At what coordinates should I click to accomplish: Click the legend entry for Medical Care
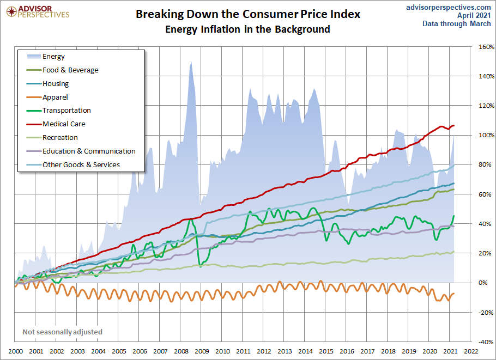point(64,124)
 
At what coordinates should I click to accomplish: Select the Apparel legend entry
point(55,97)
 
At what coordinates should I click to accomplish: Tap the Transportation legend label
point(66,111)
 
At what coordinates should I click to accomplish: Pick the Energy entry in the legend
point(53,57)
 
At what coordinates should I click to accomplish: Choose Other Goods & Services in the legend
point(81,164)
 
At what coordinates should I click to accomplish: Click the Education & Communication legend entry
point(89,151)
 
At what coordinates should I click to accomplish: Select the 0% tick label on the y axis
point(483,283)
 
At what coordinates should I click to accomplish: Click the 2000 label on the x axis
point(15,352)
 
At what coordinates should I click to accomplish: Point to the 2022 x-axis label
point(471,352)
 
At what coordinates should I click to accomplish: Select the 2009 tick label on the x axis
point(202,352)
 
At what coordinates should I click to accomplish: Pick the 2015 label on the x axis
point(326,352)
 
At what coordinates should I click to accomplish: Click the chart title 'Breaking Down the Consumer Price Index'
point(248,14)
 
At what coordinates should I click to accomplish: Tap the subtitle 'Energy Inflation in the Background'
point(248,29)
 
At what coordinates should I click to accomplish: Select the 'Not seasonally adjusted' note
point(62,332)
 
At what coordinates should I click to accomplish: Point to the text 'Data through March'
point(457,24)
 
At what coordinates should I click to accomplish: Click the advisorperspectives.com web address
point(449,7)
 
